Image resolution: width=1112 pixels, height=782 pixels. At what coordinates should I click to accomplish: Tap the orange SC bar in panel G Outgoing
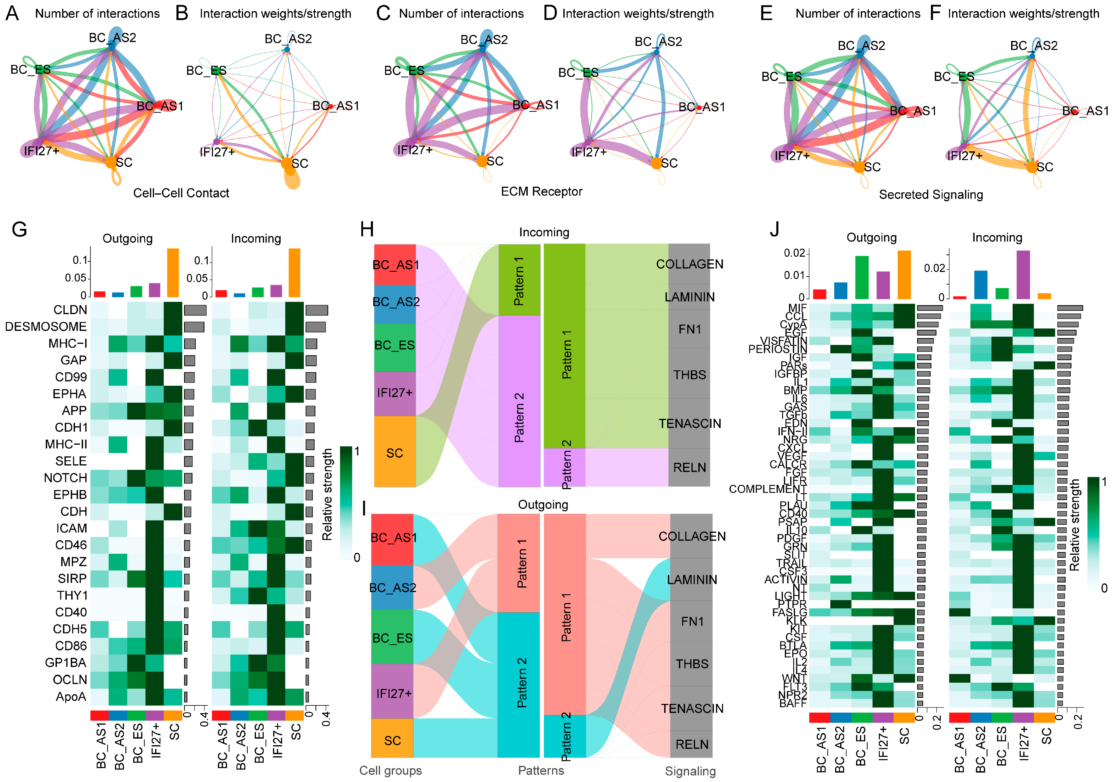pos(173,273)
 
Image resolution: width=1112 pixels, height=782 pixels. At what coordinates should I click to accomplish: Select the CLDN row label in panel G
pos(70,310)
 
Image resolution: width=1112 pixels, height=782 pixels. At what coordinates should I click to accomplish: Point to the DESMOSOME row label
pos(46,327)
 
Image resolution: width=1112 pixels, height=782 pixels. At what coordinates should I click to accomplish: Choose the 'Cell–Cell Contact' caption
pos(181,193)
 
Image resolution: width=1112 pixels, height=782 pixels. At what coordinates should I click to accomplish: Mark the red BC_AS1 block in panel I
pos(392,538)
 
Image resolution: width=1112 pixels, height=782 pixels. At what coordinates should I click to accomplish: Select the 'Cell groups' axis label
pos(390,770)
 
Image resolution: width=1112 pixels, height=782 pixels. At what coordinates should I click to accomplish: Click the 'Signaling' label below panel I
pos(690,771)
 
